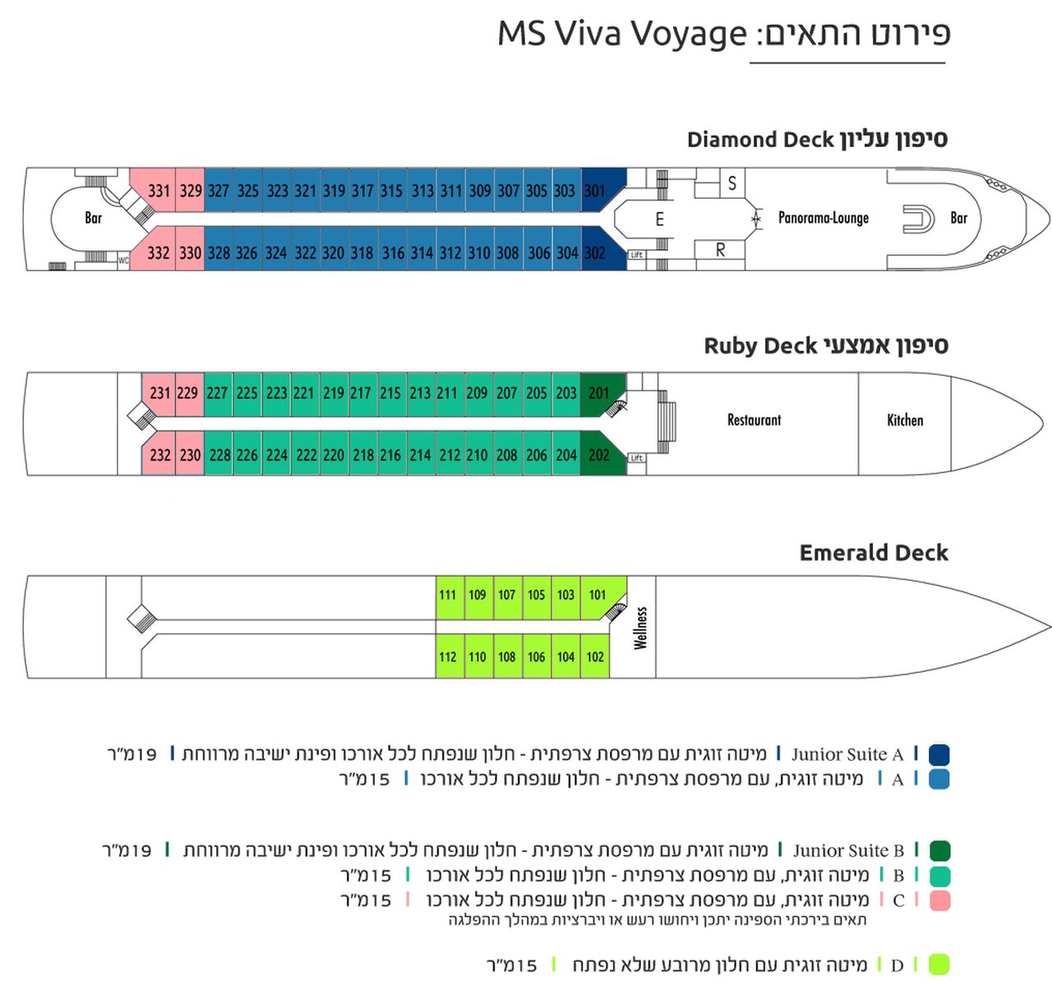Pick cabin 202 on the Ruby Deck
[x=599, y=454]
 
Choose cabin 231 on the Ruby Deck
[x=159, y=394]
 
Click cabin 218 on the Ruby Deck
[x=363, y=454]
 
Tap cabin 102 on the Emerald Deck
[x=595, y=656]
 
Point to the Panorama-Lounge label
[x=824, y=218]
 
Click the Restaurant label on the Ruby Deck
[x=754, y=420]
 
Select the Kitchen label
[x=904, y=420]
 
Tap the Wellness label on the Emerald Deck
[x=640, y=628]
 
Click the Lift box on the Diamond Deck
[x=637, y=255]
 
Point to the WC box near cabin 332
[x=124, y=260]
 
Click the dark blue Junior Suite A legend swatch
[x=939, y=753]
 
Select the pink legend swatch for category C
[x=939, y=900]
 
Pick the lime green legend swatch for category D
[x=939, y=965]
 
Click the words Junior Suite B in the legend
[x=847, y=850]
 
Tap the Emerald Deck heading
[x=874, y=553]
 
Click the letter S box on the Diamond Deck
[x=732, y=183]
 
